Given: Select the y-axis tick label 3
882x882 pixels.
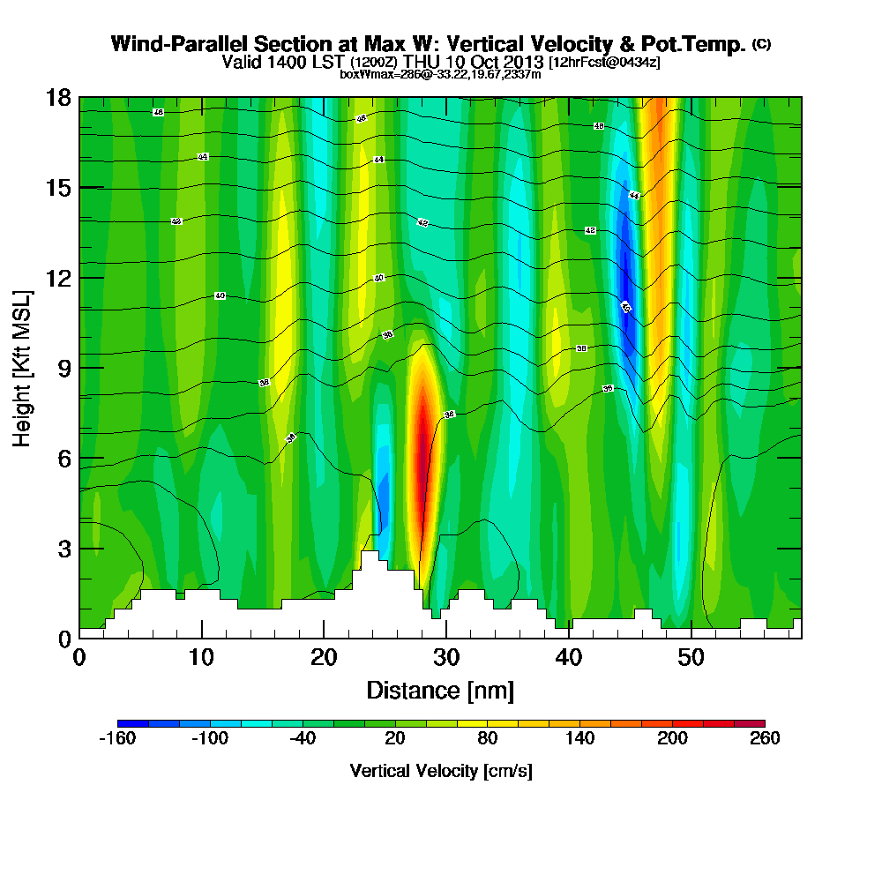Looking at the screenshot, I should click(64, 548).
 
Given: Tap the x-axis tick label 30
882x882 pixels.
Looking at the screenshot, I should click(446, 658).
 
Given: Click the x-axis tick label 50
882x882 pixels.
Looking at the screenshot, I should click(691, 658).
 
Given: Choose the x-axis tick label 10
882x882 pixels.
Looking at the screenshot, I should click(202, 658).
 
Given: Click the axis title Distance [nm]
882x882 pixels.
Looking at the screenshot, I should click(440, 690).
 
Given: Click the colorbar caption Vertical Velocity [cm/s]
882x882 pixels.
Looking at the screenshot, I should click(441, 771).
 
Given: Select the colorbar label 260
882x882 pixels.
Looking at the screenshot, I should click(765, 739).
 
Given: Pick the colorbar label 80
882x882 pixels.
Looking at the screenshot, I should click(487, 739).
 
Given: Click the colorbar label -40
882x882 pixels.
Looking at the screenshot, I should click(302, 739).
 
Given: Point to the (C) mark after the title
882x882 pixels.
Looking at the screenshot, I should click(761, 44).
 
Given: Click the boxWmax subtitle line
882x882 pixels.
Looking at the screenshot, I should click(440, 74).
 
